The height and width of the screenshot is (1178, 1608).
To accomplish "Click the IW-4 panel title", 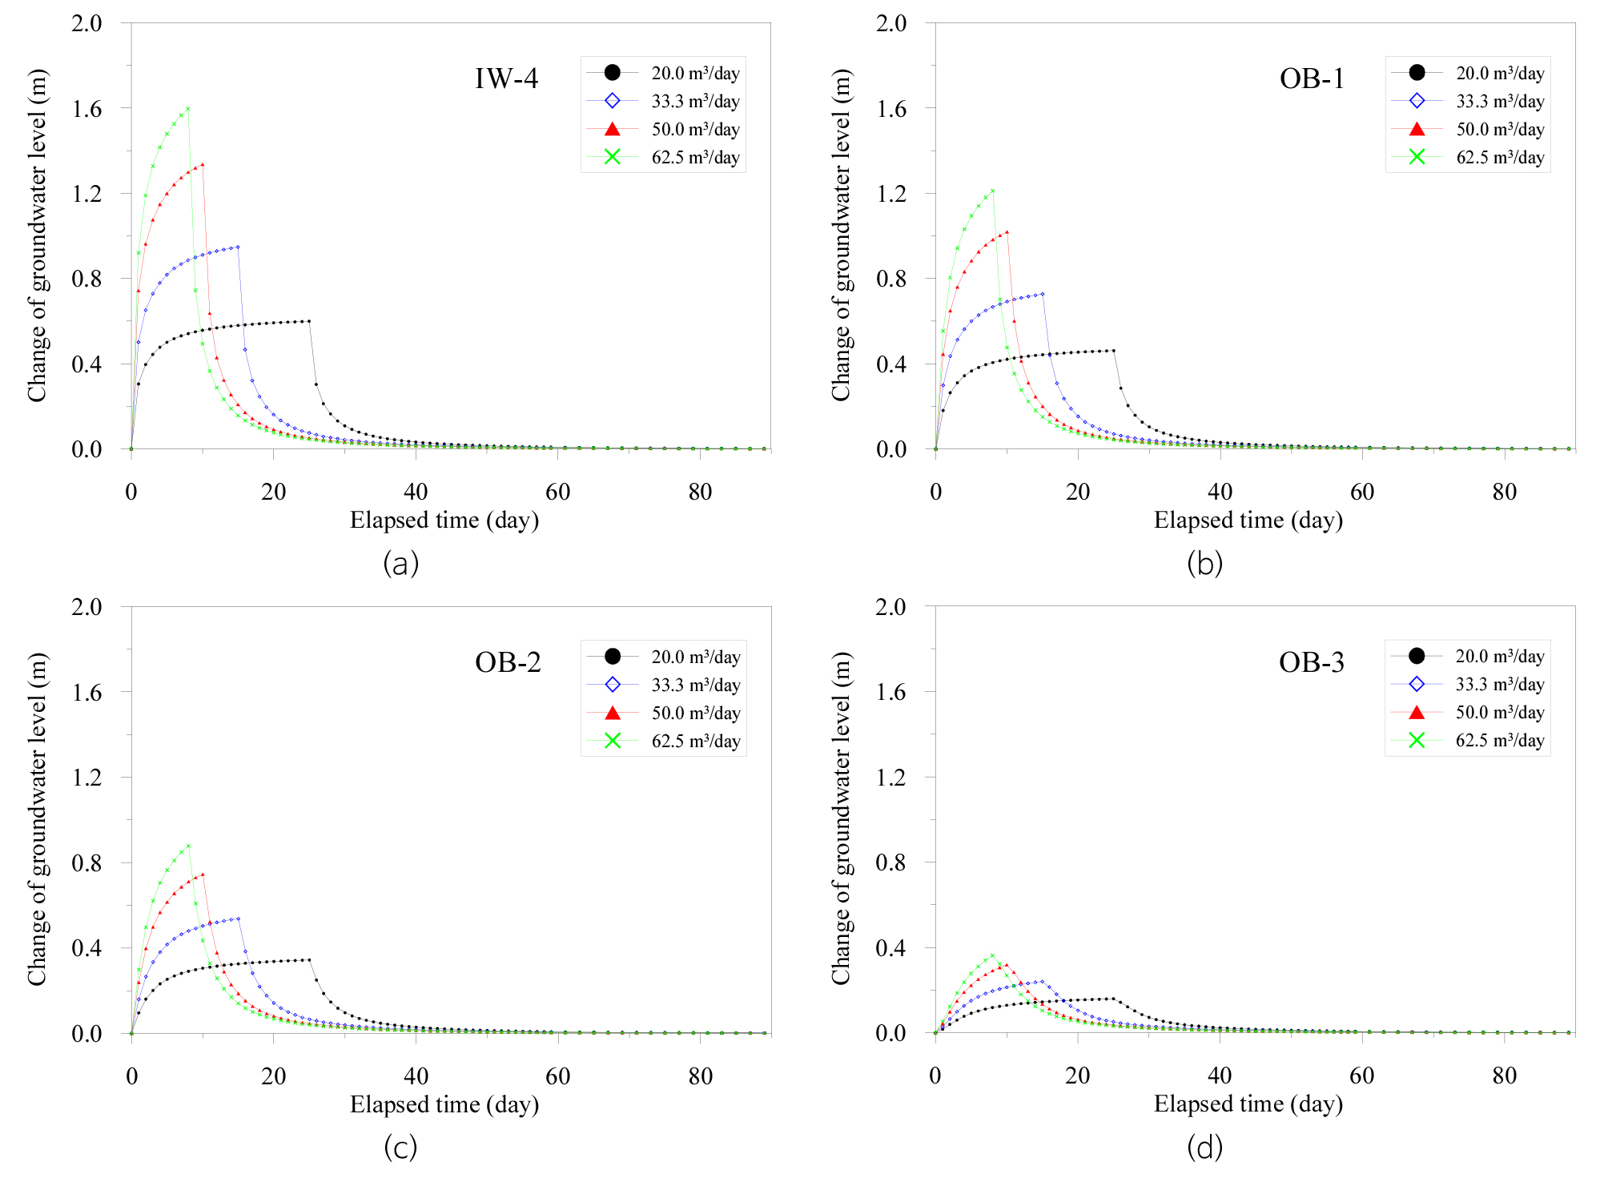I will coord(506,78).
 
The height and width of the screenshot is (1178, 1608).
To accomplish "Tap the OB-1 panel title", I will coord(1312,78).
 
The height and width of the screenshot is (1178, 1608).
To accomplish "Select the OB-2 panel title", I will coord(508,662).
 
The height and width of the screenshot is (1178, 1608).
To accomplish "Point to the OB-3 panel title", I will coord(1312,662).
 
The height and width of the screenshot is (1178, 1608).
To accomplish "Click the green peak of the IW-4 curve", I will coord(188,108).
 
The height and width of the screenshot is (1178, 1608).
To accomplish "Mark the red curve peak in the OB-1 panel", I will coord(1007,232).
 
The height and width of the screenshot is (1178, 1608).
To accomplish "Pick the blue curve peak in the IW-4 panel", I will coord(238,247).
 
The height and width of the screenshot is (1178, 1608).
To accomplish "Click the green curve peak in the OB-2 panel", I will coord(188,846).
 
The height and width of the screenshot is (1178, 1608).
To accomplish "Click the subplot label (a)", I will coord(400,565).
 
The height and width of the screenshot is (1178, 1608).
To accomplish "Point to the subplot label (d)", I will coord(1204,1148).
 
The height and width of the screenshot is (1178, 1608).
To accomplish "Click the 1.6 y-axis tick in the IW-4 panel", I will coord(87,109).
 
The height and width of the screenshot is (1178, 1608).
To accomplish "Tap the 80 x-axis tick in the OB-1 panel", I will coord(1504,493).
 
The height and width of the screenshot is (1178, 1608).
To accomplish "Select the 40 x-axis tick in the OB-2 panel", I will coord(416,1076).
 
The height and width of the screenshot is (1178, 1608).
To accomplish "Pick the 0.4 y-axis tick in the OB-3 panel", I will coord(891,948).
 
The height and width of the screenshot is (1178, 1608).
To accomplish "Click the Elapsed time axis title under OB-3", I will coord(1248,1104).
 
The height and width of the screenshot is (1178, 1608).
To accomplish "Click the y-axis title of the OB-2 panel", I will coord(38,819).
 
